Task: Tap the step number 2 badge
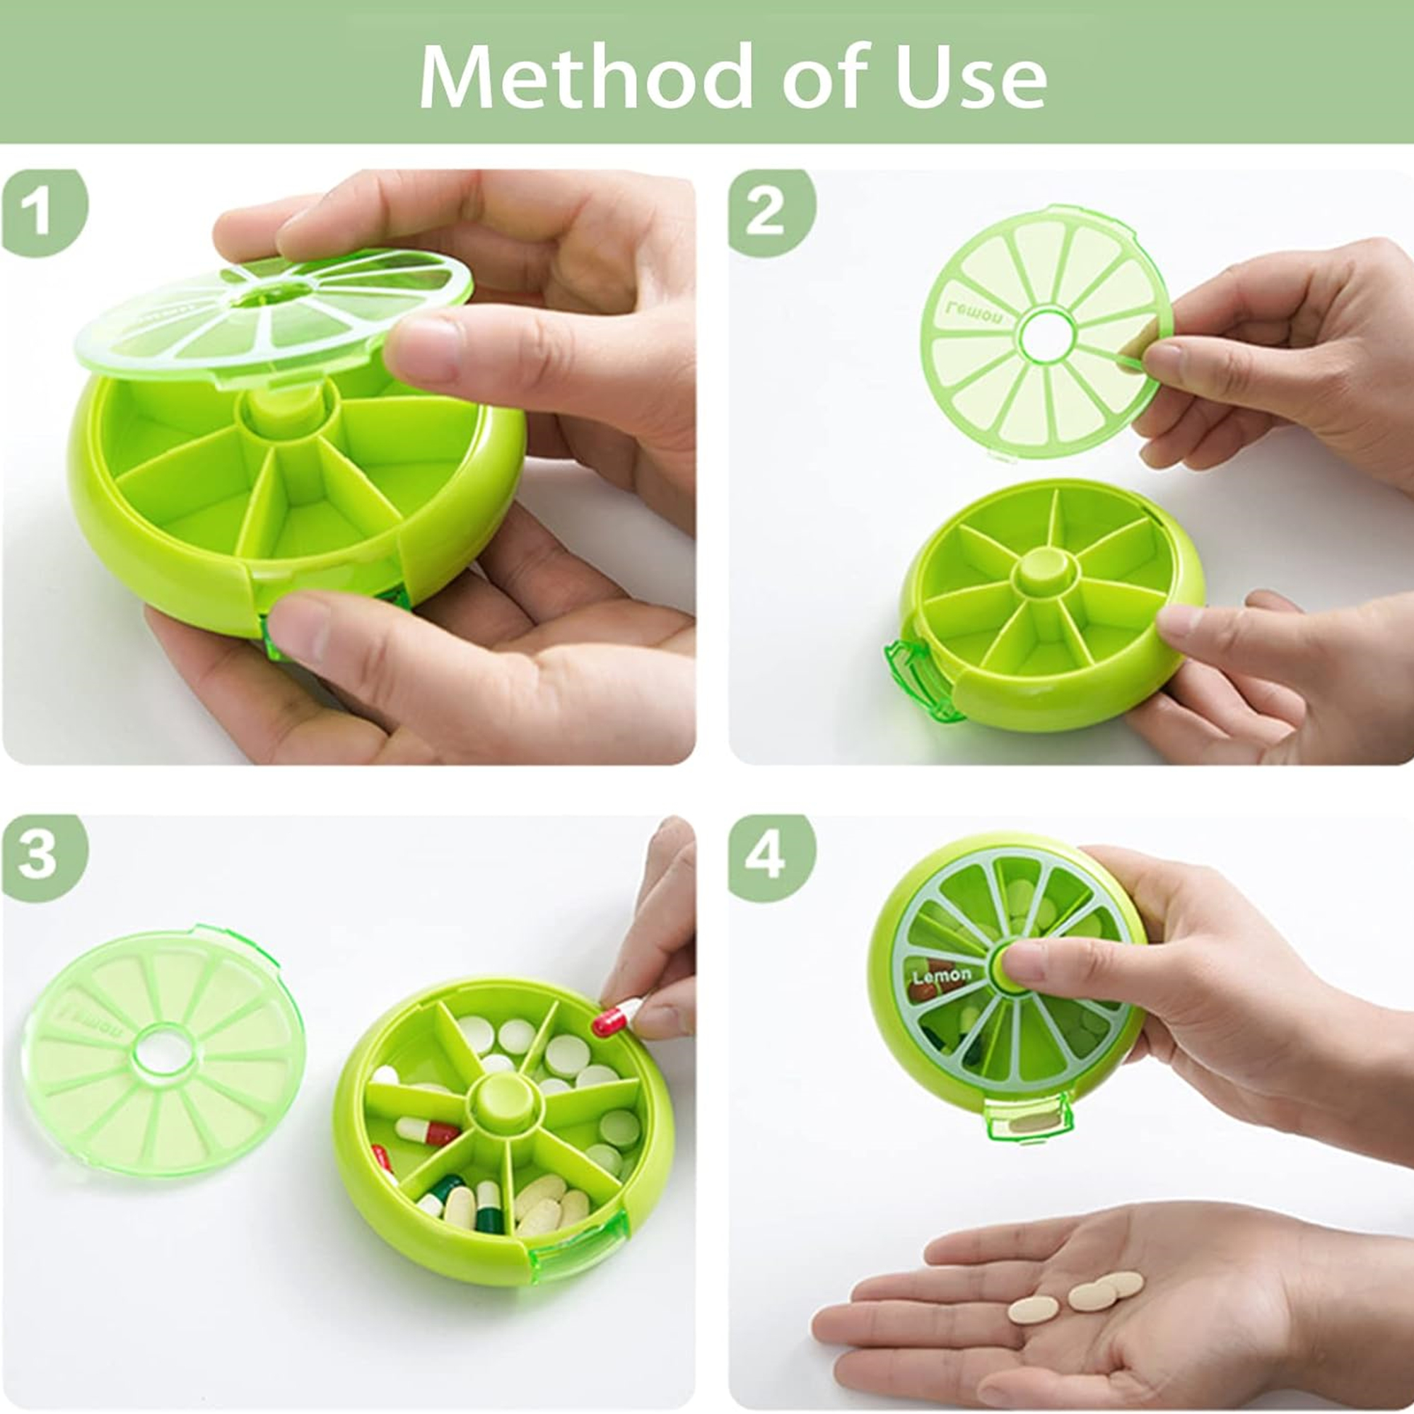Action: [x=766, y=212]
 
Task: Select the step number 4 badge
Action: [x=766, y=856]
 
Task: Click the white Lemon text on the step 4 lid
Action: [x=942, y=975]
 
